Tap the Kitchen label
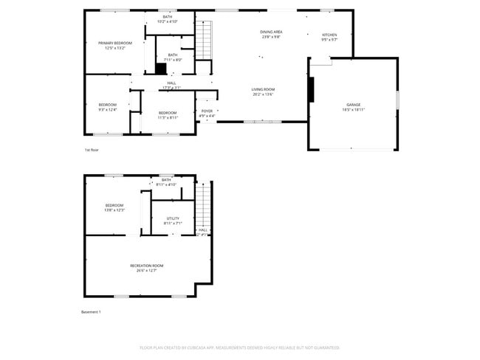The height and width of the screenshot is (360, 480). [x=329, y=37]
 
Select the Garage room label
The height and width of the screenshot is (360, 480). [x=354, y=108]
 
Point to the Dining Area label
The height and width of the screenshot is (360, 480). [x=271, y=34]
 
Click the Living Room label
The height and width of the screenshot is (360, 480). [x=263, y=91]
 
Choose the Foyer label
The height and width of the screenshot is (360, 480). [x=208, y=113]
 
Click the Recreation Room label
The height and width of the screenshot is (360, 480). [x=146, y=267]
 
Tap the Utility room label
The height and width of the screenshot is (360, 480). [x=173, y=221]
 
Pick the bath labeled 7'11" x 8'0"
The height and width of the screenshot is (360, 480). [x=172, y=57]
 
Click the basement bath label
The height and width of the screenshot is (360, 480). [x=166, y=182]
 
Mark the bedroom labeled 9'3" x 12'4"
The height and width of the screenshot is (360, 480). [x=108, y=108]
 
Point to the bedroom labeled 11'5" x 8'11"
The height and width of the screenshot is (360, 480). [x=167, y=114]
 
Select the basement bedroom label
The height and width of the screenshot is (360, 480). [x=114, y=207]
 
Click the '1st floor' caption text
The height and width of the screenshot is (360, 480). [x=91, y=150]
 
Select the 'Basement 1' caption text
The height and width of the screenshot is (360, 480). [x=91, y=312]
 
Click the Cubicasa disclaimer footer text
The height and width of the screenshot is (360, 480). [x=239, y=347]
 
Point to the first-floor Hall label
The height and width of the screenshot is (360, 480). [x=171, y=85]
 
